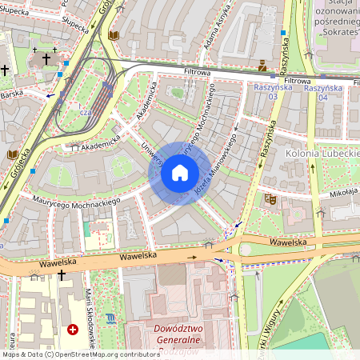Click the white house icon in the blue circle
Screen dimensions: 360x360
coord(180,172)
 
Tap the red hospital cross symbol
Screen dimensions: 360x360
coord(73,330)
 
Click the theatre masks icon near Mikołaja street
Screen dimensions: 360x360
coord(270,198)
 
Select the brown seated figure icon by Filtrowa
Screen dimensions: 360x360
coord(262,64)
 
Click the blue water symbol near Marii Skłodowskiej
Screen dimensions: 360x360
coord(110,318)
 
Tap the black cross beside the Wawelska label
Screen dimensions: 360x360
coord(62,275)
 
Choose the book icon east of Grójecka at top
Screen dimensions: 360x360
coord(113,36)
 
